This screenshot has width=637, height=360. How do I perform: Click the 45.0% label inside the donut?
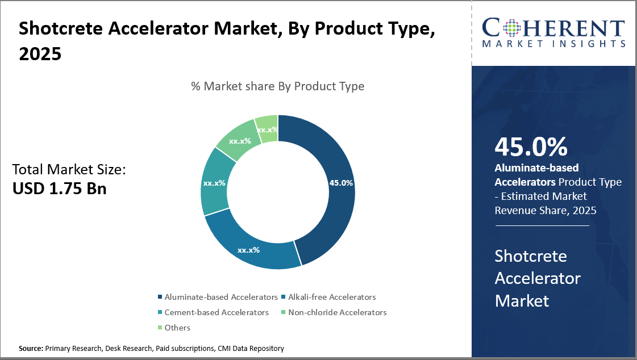341,183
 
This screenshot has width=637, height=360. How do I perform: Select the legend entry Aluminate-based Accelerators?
221,297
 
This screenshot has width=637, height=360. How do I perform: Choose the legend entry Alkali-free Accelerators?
332,297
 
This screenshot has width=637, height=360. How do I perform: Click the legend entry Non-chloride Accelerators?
337,312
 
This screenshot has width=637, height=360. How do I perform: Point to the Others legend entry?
177,328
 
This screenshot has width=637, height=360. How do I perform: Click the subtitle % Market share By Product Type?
277,86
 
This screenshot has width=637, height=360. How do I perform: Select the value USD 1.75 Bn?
60,189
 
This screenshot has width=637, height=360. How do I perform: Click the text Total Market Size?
69,169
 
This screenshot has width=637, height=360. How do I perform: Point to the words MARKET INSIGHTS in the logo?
553,43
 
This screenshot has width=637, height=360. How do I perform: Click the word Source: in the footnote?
31,348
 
